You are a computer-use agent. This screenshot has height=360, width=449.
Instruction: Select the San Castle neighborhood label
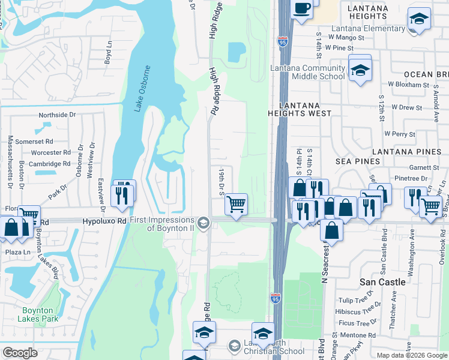tap(382, 281)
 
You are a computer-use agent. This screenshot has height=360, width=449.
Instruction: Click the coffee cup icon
tap(302, 9)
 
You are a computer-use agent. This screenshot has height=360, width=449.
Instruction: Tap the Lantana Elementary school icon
tap(419, 19)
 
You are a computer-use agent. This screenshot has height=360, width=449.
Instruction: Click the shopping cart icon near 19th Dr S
tap(237, 204)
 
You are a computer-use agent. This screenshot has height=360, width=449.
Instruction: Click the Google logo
tap(20, 353)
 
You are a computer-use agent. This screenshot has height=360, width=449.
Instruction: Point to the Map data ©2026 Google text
tap(411, 355)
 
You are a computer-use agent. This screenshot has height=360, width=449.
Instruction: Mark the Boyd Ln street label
tap(108, 52)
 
